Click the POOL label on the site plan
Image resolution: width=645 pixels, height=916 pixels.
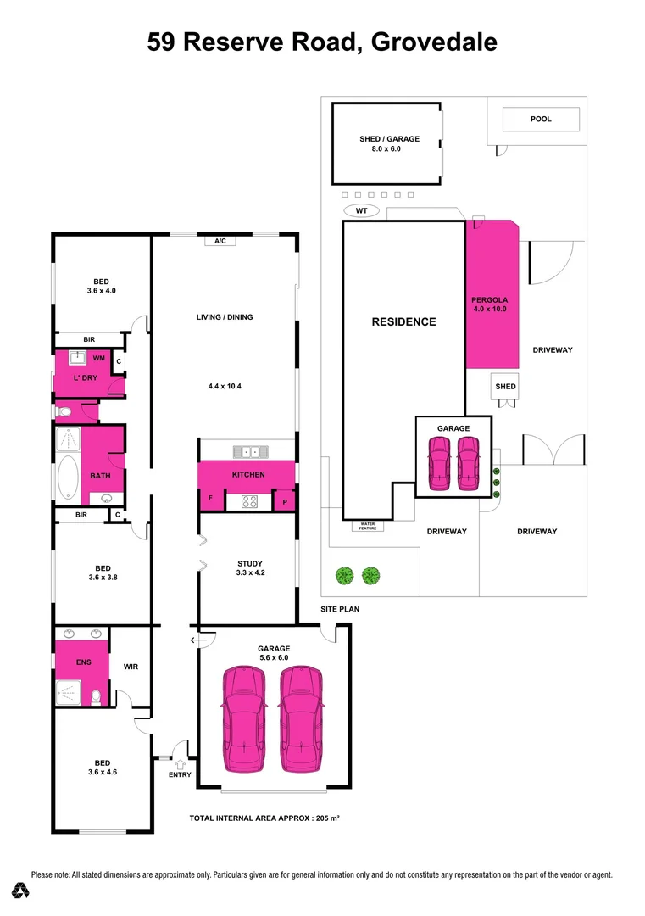[541, 119]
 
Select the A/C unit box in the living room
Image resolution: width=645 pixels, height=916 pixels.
[220, 242]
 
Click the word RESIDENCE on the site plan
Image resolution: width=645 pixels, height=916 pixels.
[404, 321]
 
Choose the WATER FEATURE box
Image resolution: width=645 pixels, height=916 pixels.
[368, 526]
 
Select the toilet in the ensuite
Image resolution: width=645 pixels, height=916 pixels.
[98, 696]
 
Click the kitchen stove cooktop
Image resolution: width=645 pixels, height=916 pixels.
[249, 501]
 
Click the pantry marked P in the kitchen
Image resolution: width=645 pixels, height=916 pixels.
[284, 502]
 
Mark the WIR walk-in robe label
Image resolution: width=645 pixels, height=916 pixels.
[131, 667]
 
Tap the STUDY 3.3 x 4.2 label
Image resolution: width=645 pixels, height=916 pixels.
[250, 568]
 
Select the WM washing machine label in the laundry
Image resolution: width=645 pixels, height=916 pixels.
[99, 359]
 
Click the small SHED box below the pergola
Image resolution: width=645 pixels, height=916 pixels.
[505, 387]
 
